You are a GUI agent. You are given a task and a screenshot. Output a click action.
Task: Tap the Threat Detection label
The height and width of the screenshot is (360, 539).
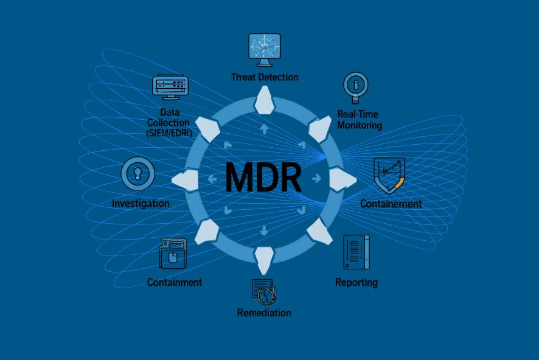[x=265, y=77]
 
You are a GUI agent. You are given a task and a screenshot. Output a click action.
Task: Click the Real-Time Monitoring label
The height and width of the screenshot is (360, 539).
[x=360, y=120]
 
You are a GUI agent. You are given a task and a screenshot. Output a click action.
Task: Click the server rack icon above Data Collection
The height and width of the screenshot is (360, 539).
[x=169, y=88]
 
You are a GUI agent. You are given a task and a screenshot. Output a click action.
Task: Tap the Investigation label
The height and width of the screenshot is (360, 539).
[x=141, y=203]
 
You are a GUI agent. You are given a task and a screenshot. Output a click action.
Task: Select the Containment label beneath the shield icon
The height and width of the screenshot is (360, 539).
[x=391, y=204]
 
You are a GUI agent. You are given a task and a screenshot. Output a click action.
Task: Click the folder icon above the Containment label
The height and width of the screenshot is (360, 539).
[x=172, y=254]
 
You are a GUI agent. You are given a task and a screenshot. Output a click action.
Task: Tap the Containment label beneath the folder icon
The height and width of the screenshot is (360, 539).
[x=175, y=282]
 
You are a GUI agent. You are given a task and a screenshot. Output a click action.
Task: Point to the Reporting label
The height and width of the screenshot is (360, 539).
[x=356, y=282]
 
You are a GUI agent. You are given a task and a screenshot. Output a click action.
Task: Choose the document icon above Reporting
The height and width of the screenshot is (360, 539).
[x=356, y=252]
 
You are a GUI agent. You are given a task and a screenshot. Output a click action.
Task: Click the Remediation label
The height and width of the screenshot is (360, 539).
[x=264, y=313]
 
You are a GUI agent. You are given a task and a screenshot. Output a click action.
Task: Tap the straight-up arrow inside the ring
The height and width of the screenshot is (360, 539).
[x=264, y=129]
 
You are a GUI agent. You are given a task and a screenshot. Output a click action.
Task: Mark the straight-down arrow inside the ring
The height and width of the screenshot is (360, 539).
[x=264, y=230]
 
